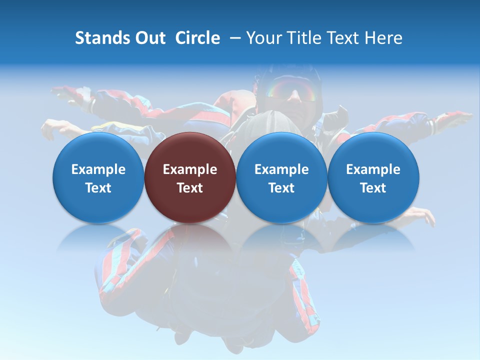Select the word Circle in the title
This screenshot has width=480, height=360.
point(197,38)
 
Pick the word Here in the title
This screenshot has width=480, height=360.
point(383,38)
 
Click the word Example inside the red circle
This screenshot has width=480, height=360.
point(190,169)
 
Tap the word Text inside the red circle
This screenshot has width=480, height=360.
point(190,188)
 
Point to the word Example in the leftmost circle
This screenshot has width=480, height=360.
point(98,169)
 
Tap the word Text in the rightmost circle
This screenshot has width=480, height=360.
point(373,188)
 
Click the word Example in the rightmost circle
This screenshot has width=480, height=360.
point(373,169)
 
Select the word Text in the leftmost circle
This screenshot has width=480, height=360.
point(98,188)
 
